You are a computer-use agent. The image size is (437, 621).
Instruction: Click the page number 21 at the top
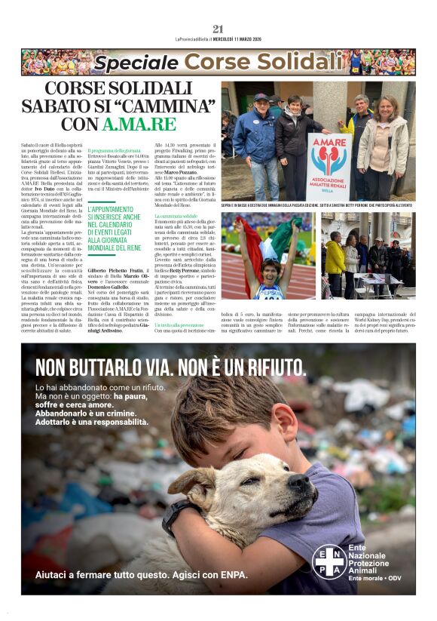218,29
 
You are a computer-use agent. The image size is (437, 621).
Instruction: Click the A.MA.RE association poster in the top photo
329,166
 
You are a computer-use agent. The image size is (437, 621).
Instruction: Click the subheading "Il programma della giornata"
115,151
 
